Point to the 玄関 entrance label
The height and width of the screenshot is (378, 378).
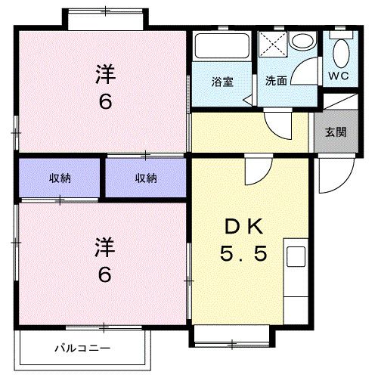[x=336, y=132]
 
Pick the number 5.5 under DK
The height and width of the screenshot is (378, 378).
[x=243, y=255]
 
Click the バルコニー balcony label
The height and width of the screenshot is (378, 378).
[x=82, y=349]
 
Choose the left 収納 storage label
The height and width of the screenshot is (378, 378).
[x=60, y=178]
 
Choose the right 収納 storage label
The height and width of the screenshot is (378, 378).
[x=147, y=178]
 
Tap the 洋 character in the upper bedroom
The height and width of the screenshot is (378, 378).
[x=105, y=74]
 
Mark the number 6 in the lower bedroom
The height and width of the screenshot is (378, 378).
[x=105, y=274]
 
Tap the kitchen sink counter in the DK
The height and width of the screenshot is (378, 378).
[x=296, y=275]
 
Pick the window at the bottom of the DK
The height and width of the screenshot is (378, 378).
[x=230, y=333]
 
